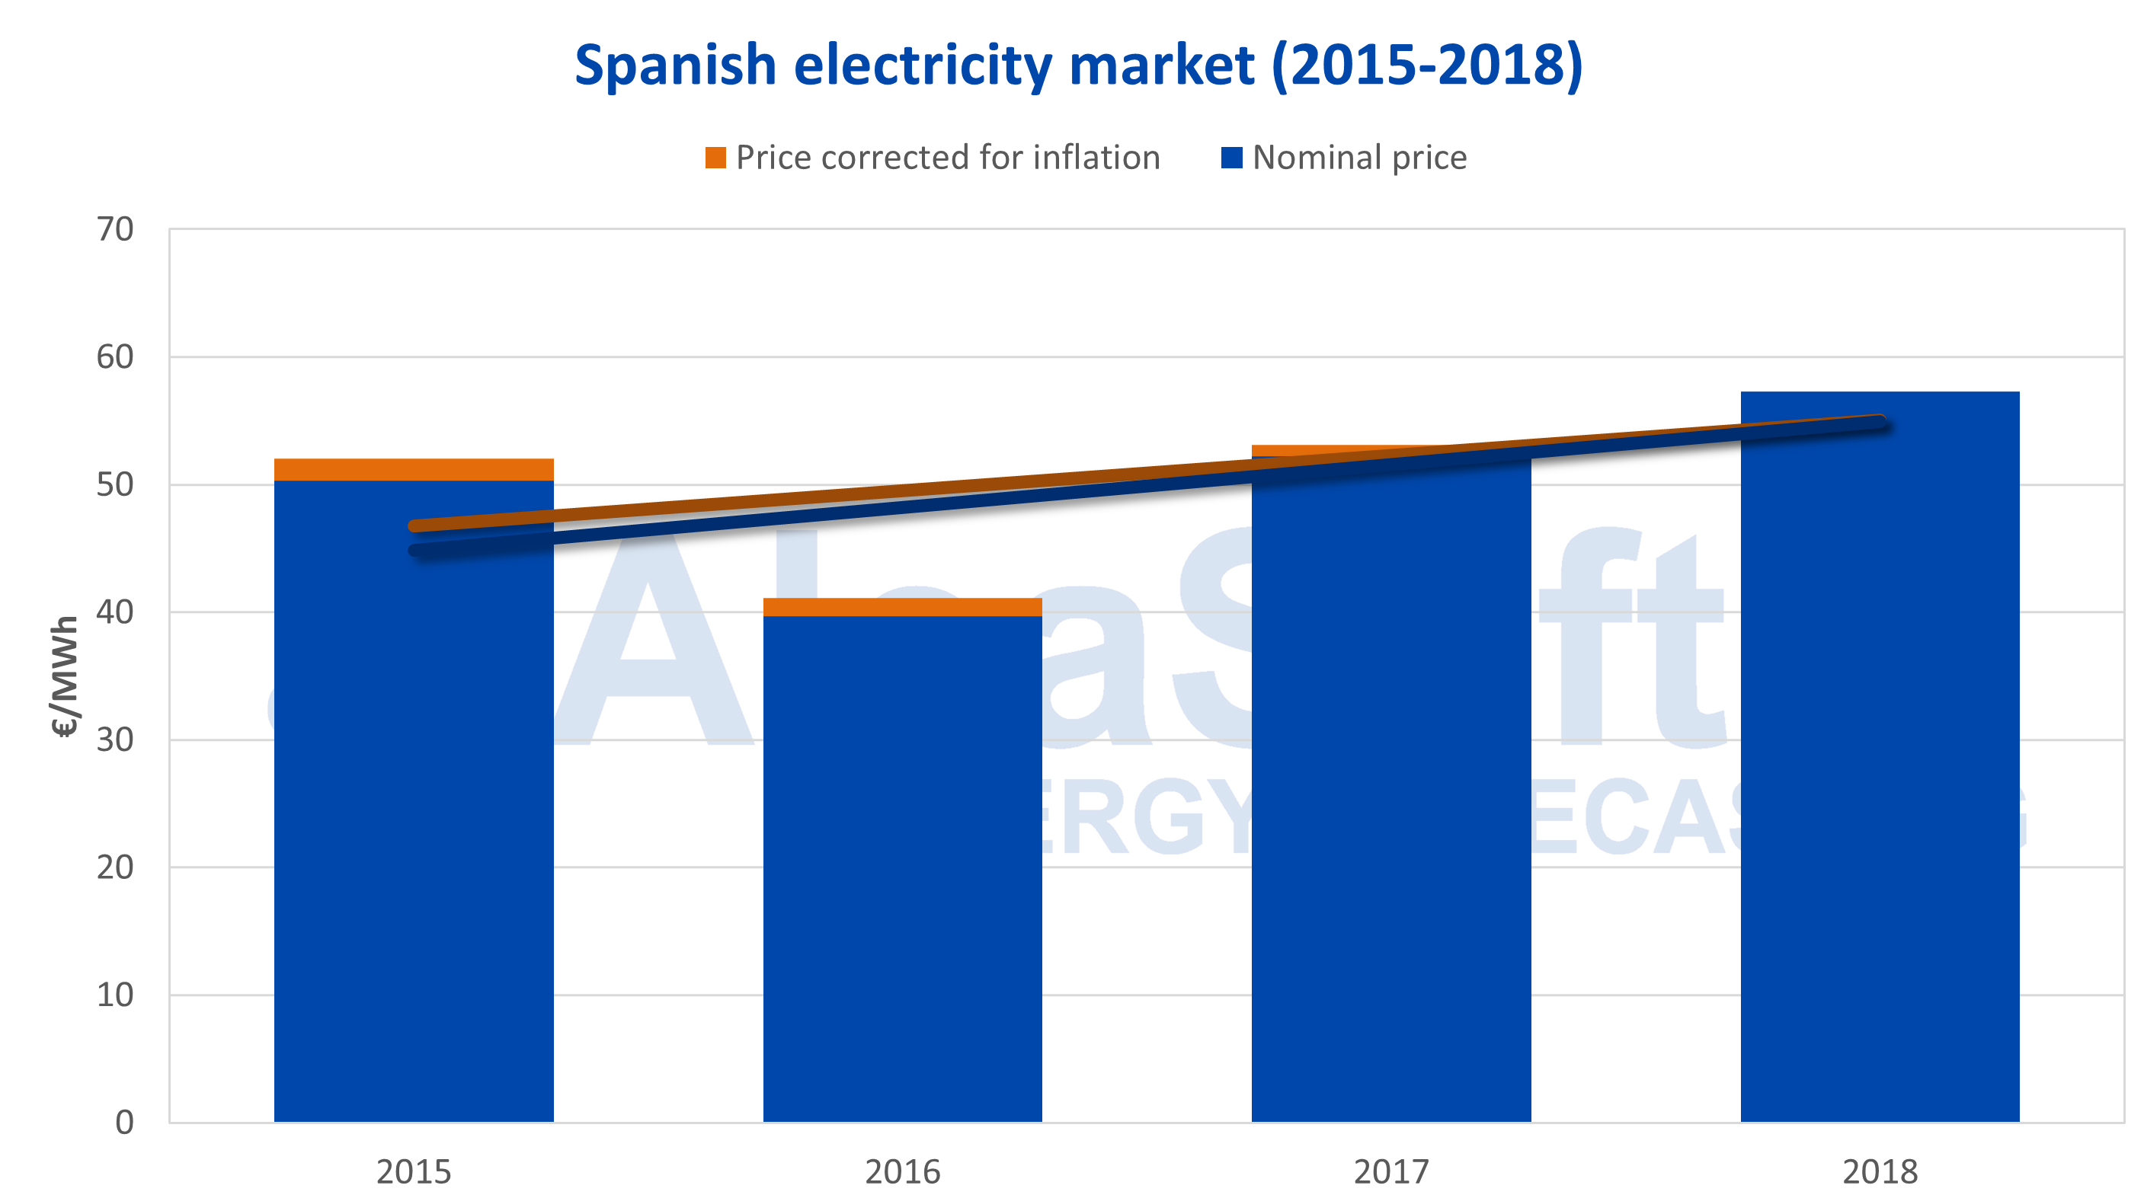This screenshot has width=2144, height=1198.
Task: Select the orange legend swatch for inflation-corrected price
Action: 715,157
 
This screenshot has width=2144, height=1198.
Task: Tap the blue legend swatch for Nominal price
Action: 1231,157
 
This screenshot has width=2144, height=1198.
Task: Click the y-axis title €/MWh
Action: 65,676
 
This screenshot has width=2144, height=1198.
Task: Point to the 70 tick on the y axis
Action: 115,229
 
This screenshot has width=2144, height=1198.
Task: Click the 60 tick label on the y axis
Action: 115,357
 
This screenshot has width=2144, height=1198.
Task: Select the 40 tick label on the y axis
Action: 115,612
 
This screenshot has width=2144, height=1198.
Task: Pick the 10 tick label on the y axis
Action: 115,995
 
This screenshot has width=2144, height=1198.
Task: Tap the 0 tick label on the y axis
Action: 124,1123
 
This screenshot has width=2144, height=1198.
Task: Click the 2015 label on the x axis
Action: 414,1171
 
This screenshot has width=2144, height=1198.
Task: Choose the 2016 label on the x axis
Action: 902,1171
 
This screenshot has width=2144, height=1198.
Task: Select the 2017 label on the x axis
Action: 1390,1171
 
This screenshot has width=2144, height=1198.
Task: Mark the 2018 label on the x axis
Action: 1880,1171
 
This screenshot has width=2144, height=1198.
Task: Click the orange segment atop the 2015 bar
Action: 414,469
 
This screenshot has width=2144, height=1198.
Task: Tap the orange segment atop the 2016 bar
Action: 902,607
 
